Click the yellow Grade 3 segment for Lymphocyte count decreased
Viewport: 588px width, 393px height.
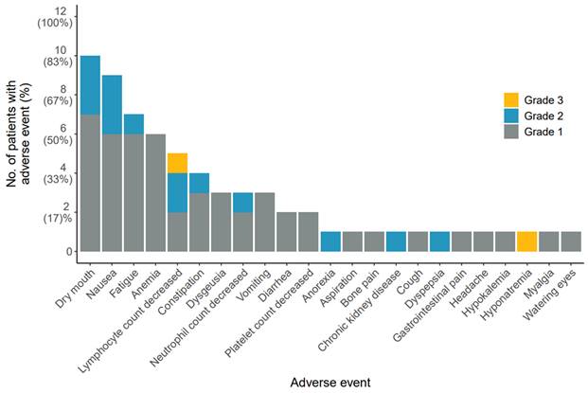pos(177,163)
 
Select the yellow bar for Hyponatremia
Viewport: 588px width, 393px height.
pos(526,241)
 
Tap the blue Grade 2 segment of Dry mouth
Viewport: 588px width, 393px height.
pos(90,85)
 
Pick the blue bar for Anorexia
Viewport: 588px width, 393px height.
pos(330,241)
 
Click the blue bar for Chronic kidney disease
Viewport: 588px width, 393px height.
pos(396,241)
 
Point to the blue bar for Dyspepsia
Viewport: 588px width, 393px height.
pos(439,241)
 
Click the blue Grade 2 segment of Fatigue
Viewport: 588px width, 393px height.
pos(134,124)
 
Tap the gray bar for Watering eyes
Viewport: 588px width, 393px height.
pos(570,241)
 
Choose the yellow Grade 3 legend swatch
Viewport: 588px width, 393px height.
pos(510,99)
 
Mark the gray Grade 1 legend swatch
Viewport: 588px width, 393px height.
pos(510,132)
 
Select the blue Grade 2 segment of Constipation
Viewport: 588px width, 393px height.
pos(199,183)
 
